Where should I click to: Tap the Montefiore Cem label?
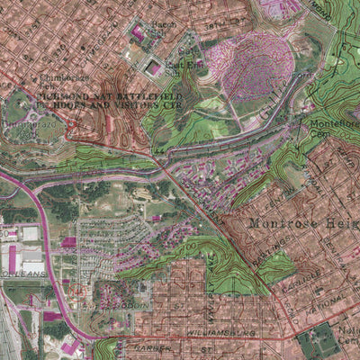[x=334, y=126]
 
